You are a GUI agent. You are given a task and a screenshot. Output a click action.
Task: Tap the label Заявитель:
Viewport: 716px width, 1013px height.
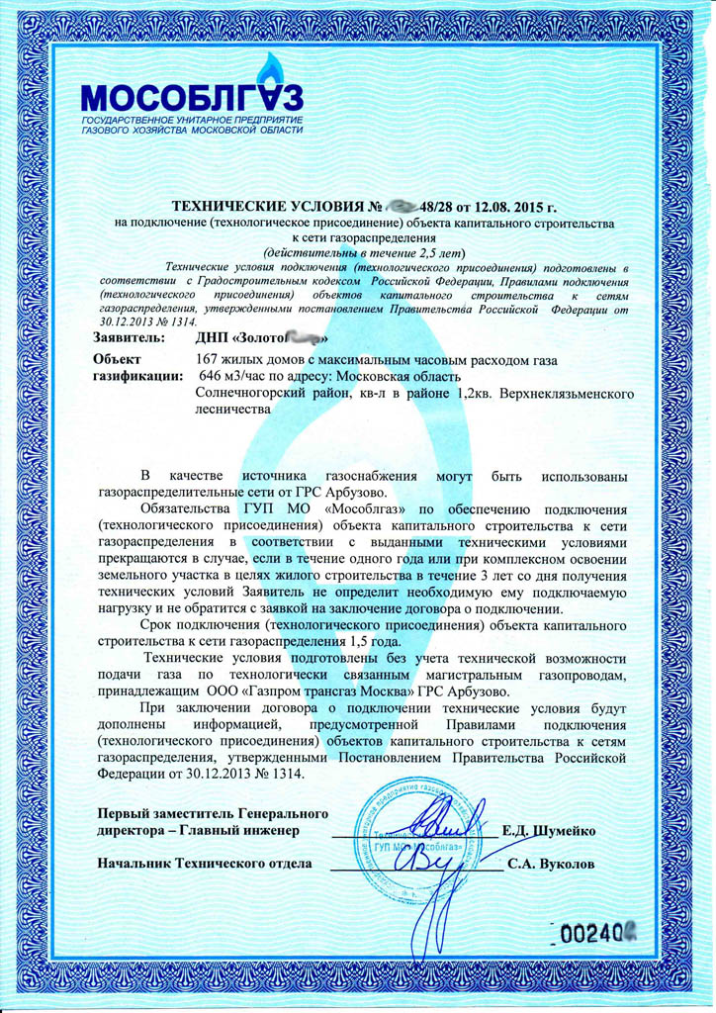[128, 338]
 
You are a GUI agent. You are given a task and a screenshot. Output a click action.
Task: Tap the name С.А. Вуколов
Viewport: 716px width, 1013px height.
[551, 864]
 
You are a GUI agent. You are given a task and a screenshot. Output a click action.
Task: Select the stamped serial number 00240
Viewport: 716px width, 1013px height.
[594, 933]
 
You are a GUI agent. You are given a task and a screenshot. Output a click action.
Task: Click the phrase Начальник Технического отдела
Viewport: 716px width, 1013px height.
[205, 864]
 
